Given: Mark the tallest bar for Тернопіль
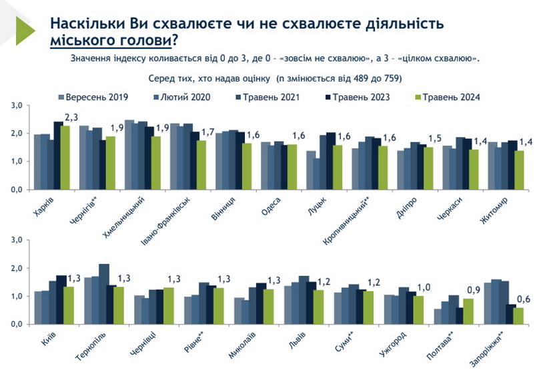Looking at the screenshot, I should coord(104,294).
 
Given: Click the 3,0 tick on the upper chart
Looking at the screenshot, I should coord(17,106).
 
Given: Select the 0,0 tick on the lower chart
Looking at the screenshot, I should coord(17,324).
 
